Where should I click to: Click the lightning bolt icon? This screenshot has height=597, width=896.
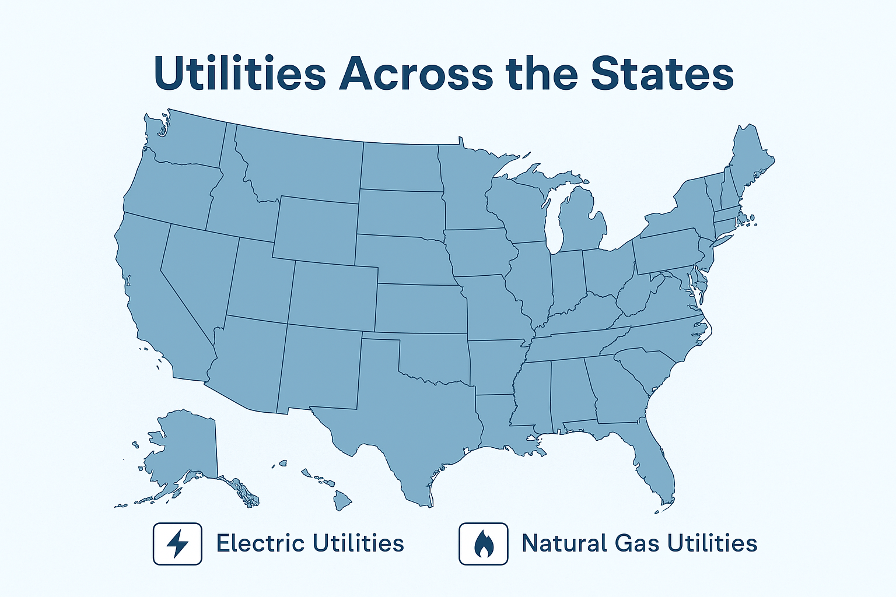(x=177, y=544)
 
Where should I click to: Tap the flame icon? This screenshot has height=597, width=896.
(x=483, y=544)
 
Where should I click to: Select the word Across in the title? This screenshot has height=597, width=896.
(x=416, y=73)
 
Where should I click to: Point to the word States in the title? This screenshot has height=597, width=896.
(x=661, y=73)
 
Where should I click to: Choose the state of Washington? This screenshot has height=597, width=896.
(x=187, y=140)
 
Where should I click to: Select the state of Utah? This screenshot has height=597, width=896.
(x=260, y=280)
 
